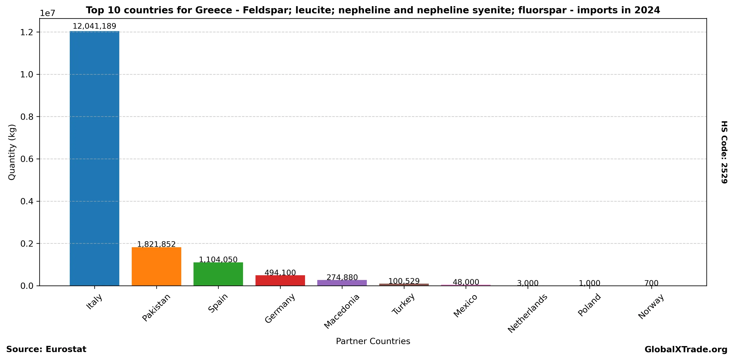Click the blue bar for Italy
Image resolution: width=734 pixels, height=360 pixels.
click(94, 158)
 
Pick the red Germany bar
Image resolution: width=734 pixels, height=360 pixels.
click(280, 280)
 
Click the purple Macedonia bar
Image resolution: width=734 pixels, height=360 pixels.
click(342, 282)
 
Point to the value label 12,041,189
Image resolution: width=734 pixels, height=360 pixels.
click(94, 26)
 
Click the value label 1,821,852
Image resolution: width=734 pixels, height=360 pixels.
click(156, 244)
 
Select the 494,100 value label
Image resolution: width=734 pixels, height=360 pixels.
click(280, 273)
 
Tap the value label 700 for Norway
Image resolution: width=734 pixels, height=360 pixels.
click(651, 283)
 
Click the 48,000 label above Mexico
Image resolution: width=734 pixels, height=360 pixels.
click(466, 282)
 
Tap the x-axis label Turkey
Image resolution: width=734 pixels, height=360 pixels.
click(403, 304)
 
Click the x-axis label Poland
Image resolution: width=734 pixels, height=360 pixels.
click(589, 305)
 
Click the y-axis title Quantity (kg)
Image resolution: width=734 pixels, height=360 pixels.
click(12, 152)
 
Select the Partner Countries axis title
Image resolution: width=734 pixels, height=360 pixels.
click(373, 341)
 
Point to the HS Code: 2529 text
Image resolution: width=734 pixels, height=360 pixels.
click(724, 152)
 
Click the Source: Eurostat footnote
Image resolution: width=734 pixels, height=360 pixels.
click(46, 350)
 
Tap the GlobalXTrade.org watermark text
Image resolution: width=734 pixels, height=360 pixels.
click(686, 350)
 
